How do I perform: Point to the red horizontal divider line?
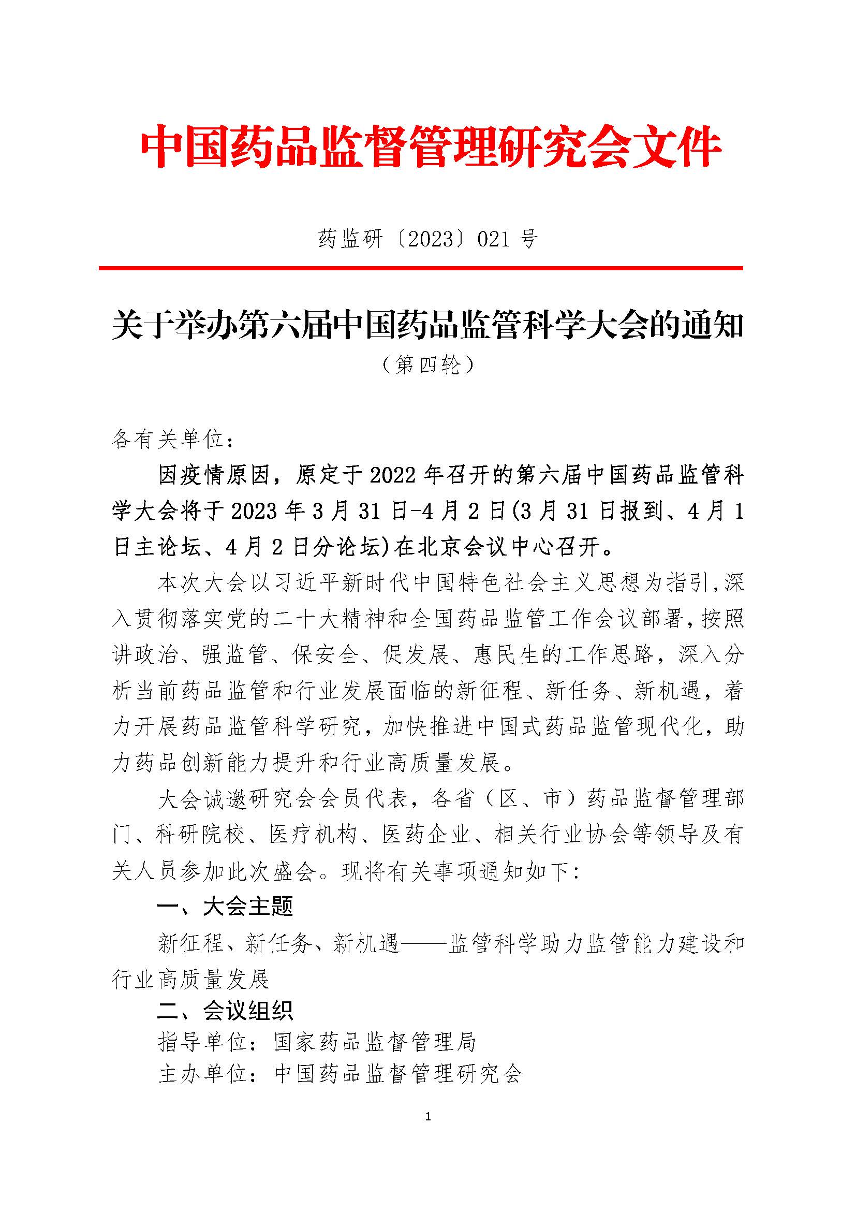(x=421, y=269)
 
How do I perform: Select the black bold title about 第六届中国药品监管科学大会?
(x=427, y=326)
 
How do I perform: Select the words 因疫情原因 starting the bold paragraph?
(x=215, y=476)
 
